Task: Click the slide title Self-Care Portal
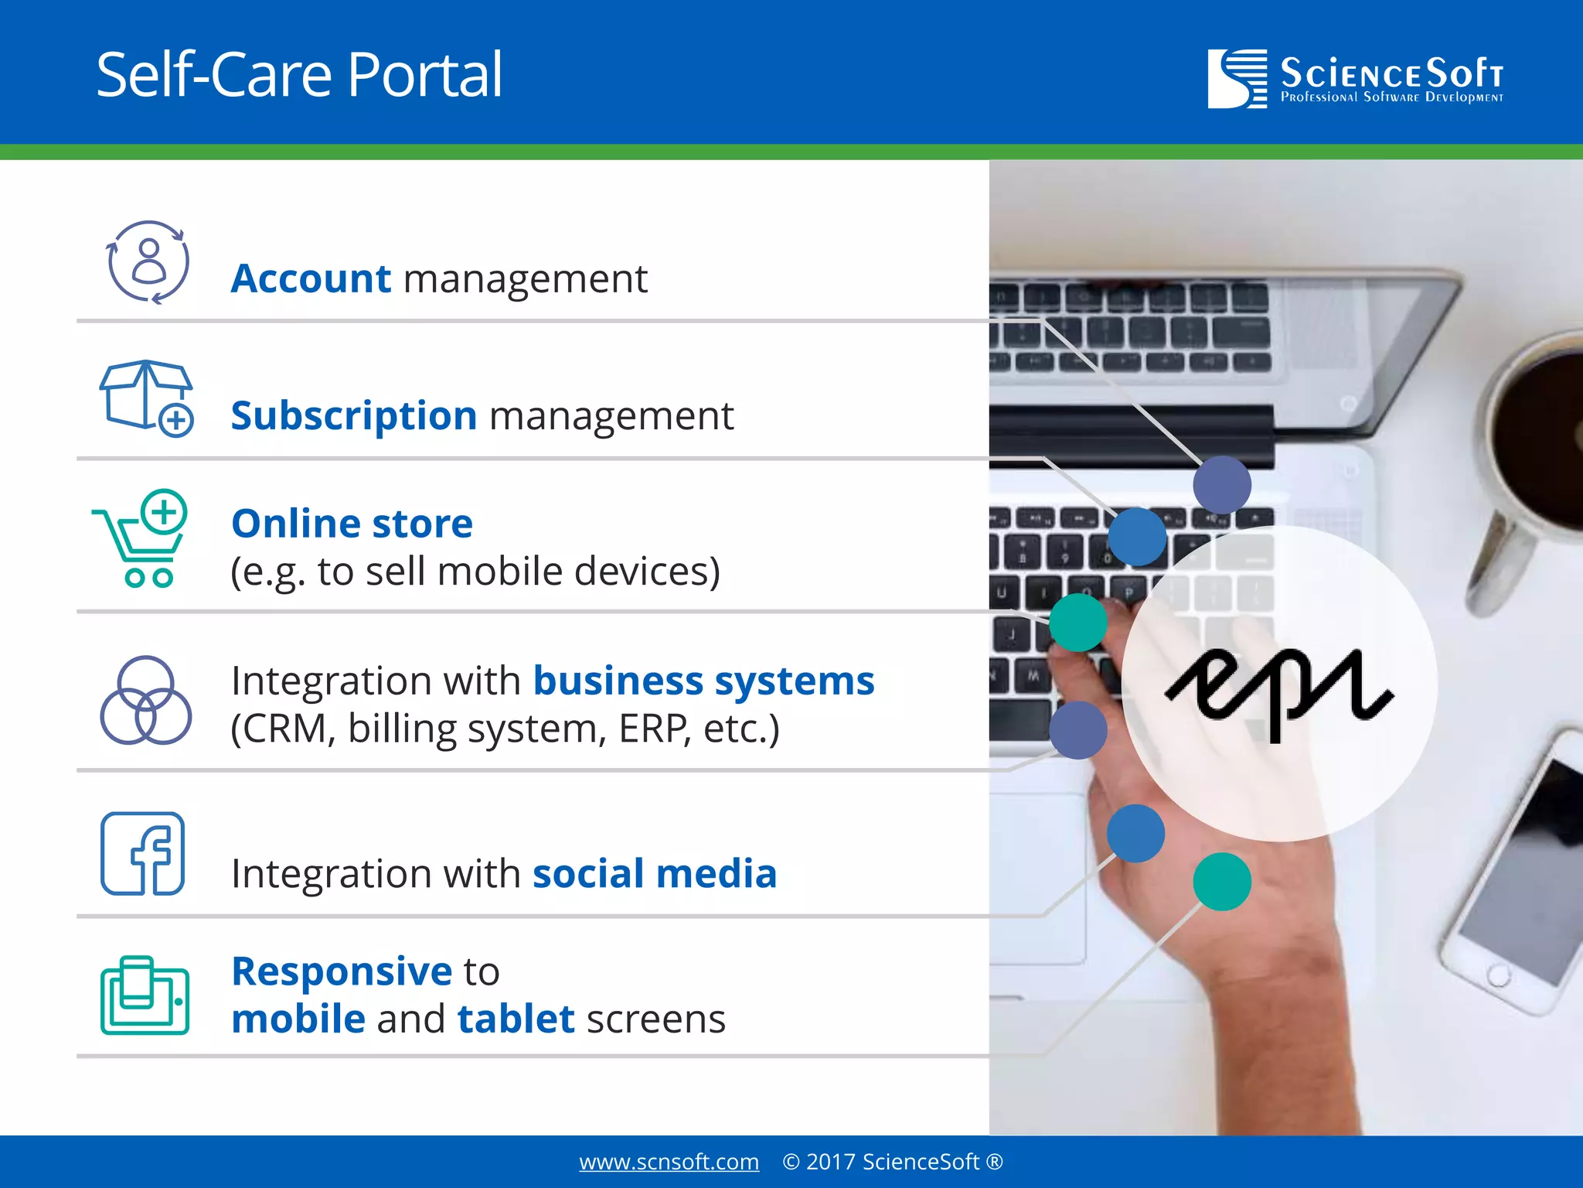point(299,75)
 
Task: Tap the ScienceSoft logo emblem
point(1237,78)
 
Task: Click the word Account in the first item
point(311,278)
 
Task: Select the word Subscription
point(354,416)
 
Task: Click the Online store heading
point(352,524)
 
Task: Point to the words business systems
point(703,681)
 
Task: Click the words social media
point(654,874)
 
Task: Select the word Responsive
point(342,971)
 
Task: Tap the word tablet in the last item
point(516,1019)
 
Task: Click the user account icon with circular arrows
point(147,261)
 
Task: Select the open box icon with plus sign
point(146,398)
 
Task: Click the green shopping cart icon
point(143,538)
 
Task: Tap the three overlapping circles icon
point(145,701)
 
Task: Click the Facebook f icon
point(143,853)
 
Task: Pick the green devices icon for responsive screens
point(145,995)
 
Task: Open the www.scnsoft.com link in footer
point(669,1162)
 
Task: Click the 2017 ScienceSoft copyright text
point(892,1162)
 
